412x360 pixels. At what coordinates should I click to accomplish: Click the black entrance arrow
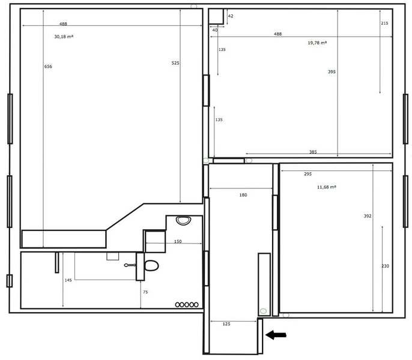point(276,335)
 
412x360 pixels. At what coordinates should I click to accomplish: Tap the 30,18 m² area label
point(64,37)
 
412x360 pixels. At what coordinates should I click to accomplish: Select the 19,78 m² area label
point(317,43)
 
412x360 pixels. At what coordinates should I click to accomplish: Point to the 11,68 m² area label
point(327,187)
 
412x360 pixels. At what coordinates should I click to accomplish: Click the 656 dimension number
point(48,67)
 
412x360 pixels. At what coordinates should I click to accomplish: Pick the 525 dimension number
point(175,63)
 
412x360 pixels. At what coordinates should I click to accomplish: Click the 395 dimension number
point(332,71)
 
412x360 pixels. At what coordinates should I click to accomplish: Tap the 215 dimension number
point(384,23)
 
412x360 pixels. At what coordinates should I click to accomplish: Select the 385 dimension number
point(313,152)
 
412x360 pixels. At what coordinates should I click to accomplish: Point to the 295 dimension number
point(307,174)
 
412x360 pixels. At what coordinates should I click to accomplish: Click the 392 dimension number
point(368,216)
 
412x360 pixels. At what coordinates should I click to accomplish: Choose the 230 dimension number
point(385,266)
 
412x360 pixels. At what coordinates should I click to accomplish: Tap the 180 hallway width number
point(243,195)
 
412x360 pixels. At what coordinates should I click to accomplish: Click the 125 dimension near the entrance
point(226,324)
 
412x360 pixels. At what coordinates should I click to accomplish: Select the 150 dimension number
point(178,241)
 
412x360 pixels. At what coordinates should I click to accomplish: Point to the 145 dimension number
point(68,280)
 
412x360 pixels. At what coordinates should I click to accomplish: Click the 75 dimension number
point(145,292)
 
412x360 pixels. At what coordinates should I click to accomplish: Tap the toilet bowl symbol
point(151,265)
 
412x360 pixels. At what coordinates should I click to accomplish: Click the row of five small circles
point(187,305)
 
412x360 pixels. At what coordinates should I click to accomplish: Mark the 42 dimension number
point(231,16)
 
